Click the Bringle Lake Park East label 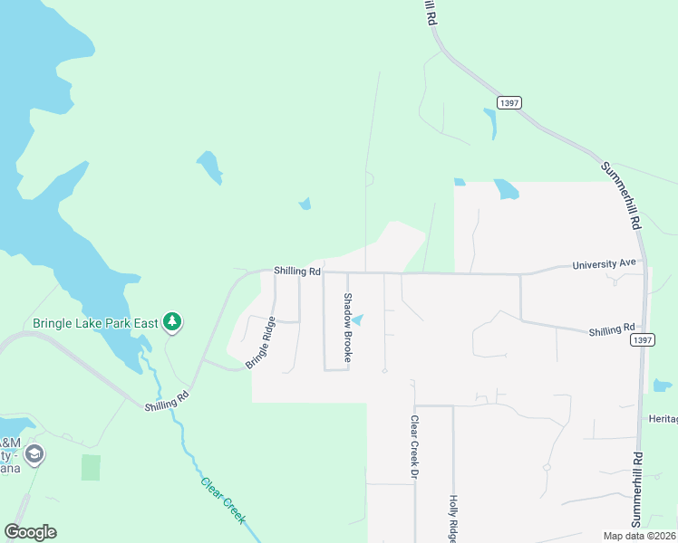click(x=95, y=322)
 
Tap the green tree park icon click(x=172, y=321)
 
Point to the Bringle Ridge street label click(x=260, y=342)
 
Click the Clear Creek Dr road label click(x=413, y=448)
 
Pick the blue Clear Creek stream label click(x=223, y=500)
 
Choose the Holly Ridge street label click(x=453, y=518)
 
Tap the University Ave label click(x=605, y=265)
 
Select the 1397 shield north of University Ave click(x=508, y=103)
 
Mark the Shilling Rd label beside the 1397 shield click(x=611, y=330)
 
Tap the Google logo click(x=30, y=532)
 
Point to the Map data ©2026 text click(x=639, y=536)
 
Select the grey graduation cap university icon click(x=34, y=453)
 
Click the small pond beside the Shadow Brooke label click(x=359, y=319)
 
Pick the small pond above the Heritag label click(x=663, y=386)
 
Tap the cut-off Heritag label click(x=663, y=419)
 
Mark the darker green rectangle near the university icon click(x=91, y=468)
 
